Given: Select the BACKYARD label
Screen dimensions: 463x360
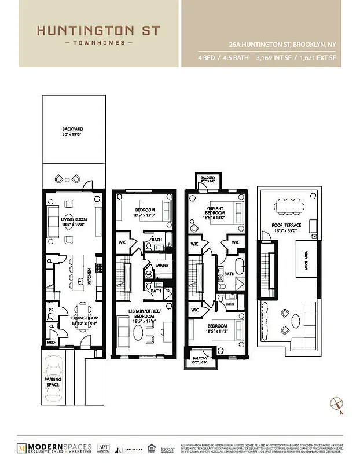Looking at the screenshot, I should [x=73, y=131].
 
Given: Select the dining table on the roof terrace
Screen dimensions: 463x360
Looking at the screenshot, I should [x=286, y=207].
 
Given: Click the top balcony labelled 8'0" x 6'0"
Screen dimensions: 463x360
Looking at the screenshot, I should [x=206, y=180].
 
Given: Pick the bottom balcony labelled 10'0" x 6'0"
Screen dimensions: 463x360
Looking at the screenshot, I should [x=200, y=361].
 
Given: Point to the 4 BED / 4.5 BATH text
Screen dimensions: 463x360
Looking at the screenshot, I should [x=219, y=58].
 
